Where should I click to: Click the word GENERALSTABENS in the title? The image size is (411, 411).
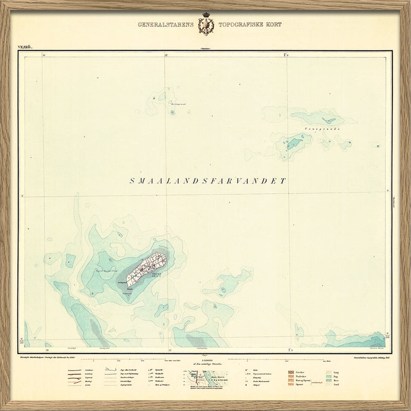click(165, 24)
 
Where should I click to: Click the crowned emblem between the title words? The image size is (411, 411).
click(206, 25)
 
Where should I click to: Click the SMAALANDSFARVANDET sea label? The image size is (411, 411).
click(208, 181)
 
